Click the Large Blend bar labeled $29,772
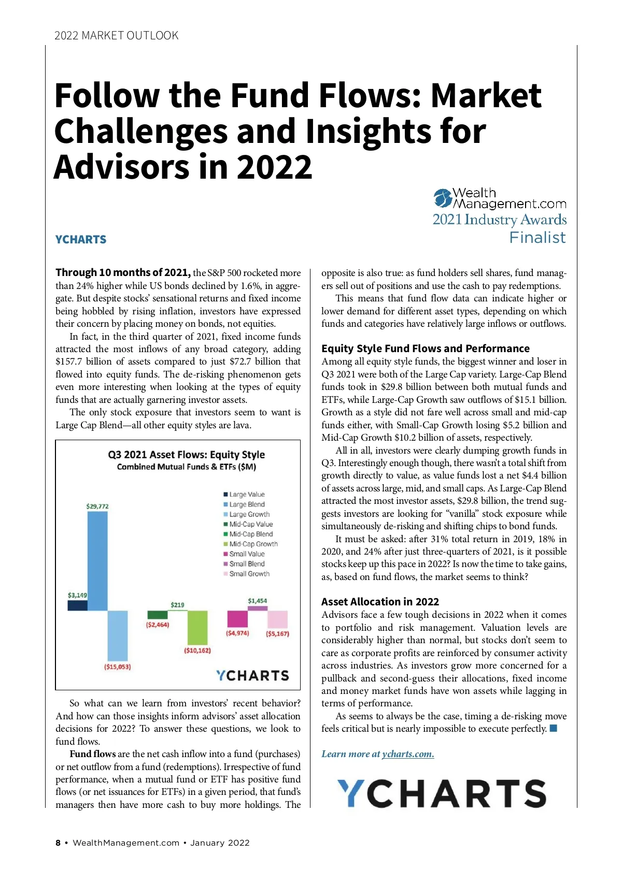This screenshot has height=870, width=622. coord(97,560)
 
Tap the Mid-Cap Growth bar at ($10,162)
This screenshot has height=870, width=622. coord(197,627)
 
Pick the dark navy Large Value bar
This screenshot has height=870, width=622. coord(77,605)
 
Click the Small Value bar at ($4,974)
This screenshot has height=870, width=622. coord(237,619)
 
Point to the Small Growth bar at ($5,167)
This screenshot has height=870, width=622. coord(277,619)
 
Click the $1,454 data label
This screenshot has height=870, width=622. coord(258,601)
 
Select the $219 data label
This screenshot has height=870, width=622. coord(177,605)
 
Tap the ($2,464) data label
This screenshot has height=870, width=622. coord(158,625)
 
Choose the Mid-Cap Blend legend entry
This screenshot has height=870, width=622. coord(250,534)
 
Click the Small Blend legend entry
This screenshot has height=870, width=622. coord(247,563)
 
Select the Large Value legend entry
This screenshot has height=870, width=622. coord(247,495)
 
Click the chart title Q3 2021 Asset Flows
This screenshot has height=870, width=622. coord(186,455)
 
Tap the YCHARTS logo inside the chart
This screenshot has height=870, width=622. coord(252,675)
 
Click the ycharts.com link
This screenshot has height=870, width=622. coord(408,754)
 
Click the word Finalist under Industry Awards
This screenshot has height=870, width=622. coord(537,238)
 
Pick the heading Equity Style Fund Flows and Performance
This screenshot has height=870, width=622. coord(425,349)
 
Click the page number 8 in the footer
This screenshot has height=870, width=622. coord(58,843)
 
